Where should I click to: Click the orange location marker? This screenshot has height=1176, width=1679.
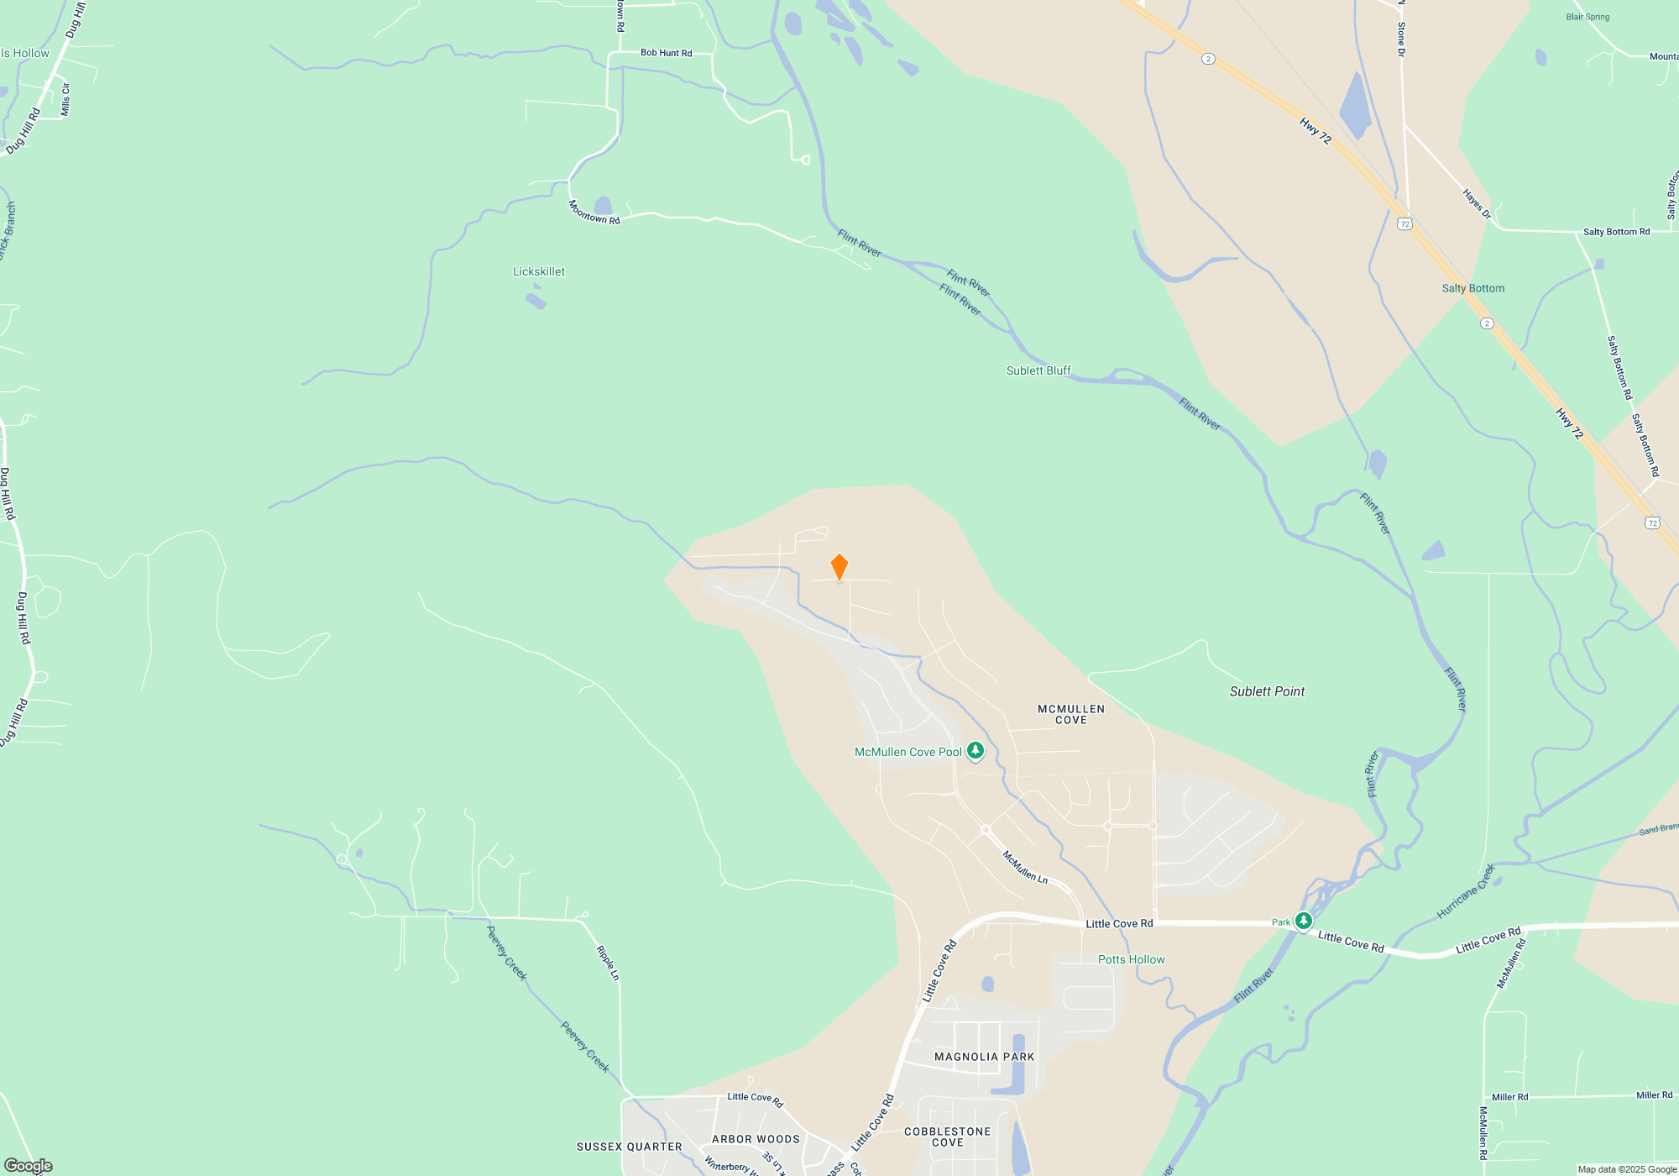(x=839, y=566)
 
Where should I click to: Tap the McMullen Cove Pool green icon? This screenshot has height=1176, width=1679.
(x=975, y=750)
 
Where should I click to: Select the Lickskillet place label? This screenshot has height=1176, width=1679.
(x=539, y=271)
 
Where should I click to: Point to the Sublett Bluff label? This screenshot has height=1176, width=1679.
(x=1038, y=370)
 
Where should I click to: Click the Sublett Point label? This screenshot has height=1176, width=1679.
(x=1267, y=691)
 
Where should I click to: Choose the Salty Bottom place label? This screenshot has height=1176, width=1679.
(x=1472, y=288)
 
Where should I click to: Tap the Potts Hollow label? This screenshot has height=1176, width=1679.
(x=1131, y=959)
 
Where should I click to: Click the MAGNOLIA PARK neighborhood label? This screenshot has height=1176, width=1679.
(x=984, y=1057)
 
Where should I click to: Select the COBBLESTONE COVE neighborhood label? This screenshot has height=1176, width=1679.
(x=947, y=1137)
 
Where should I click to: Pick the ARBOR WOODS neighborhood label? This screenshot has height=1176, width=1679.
(x=756, y=1139)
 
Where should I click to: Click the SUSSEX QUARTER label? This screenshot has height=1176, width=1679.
(x=629, y=1147)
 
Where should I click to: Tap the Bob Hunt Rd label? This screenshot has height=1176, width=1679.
(x=666, y=53)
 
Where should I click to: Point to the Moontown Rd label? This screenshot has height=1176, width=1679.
(x=594, y=212)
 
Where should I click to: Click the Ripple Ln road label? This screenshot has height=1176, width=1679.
(x=608, y=963)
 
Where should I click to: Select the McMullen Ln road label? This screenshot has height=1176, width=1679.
(x=1025, y=866)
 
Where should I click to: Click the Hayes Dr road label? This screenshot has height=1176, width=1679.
(x=1477, y=204)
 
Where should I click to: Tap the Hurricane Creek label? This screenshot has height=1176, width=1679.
(x=1466, y=891)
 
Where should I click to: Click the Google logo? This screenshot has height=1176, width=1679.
(x=28, y=1166)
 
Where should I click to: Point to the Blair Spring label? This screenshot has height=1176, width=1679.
(x=1587, y=17)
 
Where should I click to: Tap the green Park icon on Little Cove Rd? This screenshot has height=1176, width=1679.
(x=1303, y=921)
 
